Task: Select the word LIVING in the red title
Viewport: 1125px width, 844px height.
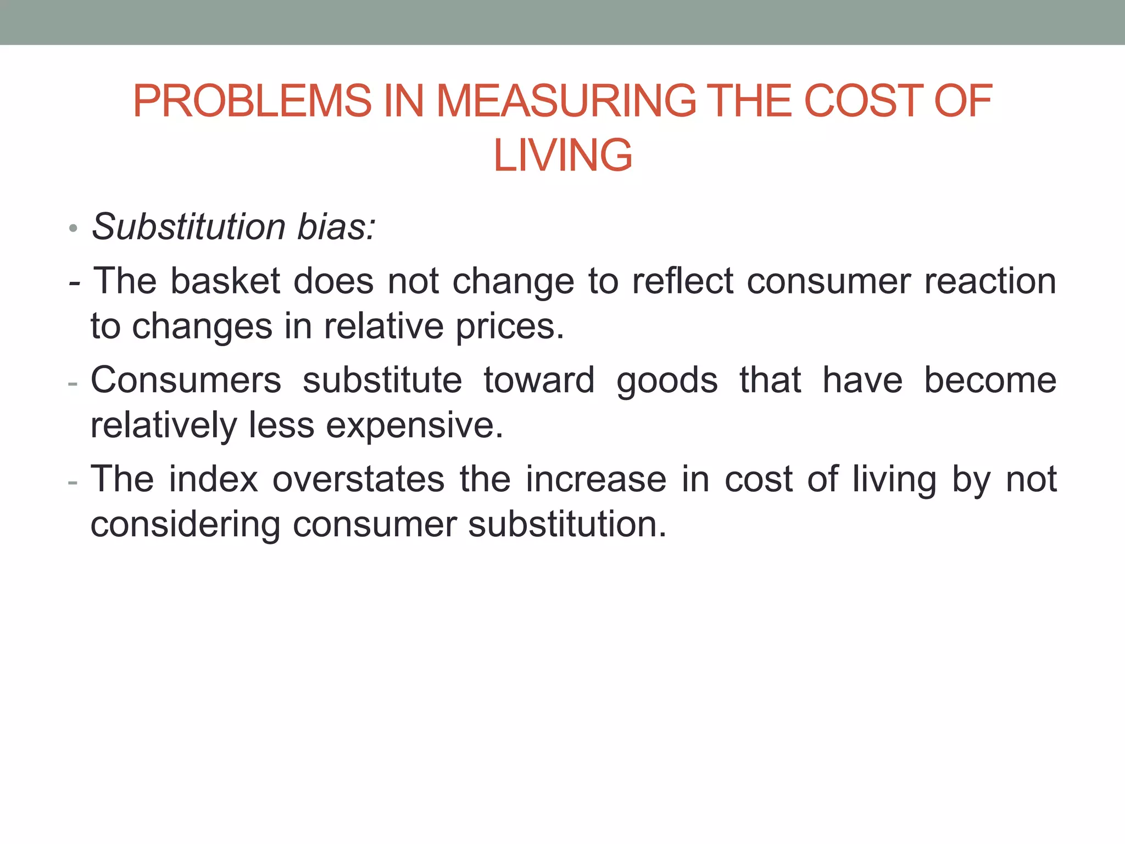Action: [x=562, y=156]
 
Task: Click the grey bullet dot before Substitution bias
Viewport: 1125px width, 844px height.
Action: [x=74, y=229]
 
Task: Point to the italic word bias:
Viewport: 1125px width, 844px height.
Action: [x=336, y=226]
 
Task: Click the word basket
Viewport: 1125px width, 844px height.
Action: [x=226, y=281]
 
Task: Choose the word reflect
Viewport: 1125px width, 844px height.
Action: [x=683, y=281]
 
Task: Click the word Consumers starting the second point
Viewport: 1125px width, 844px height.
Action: [x=186, y=380]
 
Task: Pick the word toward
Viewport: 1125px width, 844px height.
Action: [x=539, y=380]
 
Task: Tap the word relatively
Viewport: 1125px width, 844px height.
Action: [x=163, y=426]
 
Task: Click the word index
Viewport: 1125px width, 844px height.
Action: [x=213, y=479]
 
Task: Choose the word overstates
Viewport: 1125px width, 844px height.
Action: [x=358, y=479]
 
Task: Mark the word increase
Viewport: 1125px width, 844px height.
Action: [x=596, y=479]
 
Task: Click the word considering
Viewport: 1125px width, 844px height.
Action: [x=185, y=525]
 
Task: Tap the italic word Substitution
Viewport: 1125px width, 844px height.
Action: [x=188, y=226]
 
